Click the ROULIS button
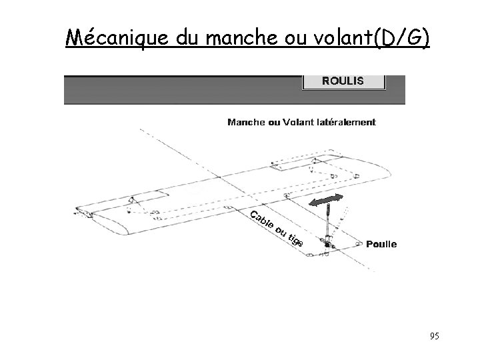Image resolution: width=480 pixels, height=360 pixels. pos(343,81)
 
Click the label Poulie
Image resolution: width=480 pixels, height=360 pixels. pos(381,244)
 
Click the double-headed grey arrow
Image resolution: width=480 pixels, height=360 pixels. pos(326,200)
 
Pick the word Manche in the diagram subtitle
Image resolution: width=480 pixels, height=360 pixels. pos(247,122)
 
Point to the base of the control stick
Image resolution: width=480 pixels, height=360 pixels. pos(328,246)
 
